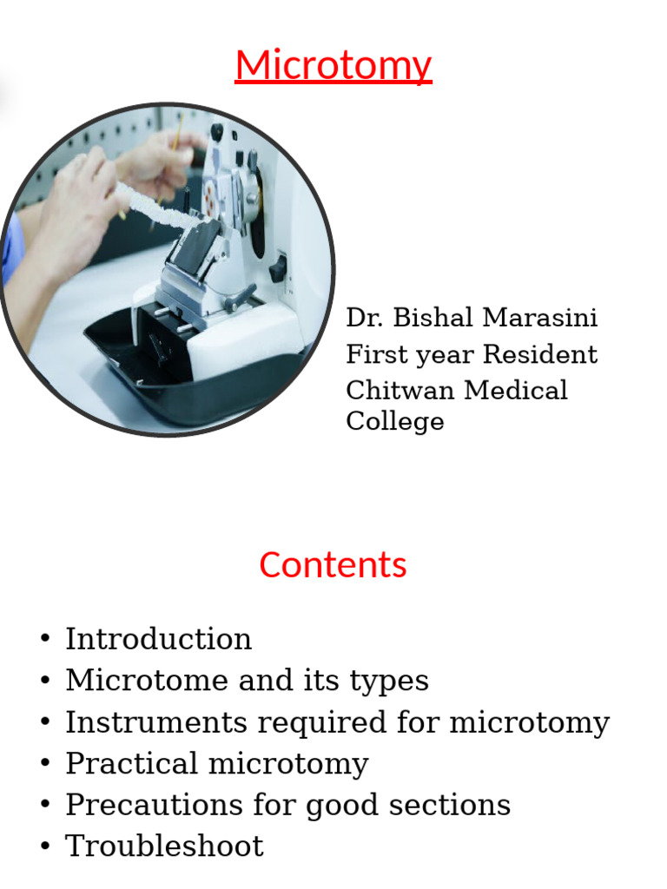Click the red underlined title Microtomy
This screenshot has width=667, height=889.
pos(333,66)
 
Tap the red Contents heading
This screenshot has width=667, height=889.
pos(333,565)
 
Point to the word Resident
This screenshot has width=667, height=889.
pos(540,354)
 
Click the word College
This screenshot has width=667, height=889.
pos(394,421)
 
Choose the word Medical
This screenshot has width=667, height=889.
pos(516,390)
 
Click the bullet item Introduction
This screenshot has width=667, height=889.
pos(158,639)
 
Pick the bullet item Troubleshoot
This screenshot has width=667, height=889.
pos(164,846)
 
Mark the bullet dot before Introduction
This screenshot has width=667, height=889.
pos(45,640)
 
